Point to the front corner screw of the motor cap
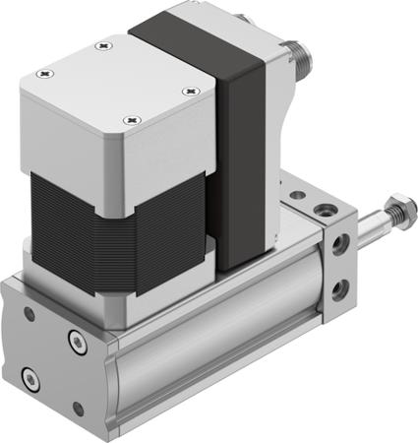pos(127,120)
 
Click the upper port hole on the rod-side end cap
pos(340,244)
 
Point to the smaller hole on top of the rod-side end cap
pos(298,200)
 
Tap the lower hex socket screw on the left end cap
pos(30,377)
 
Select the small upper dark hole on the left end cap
pos(29,314)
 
